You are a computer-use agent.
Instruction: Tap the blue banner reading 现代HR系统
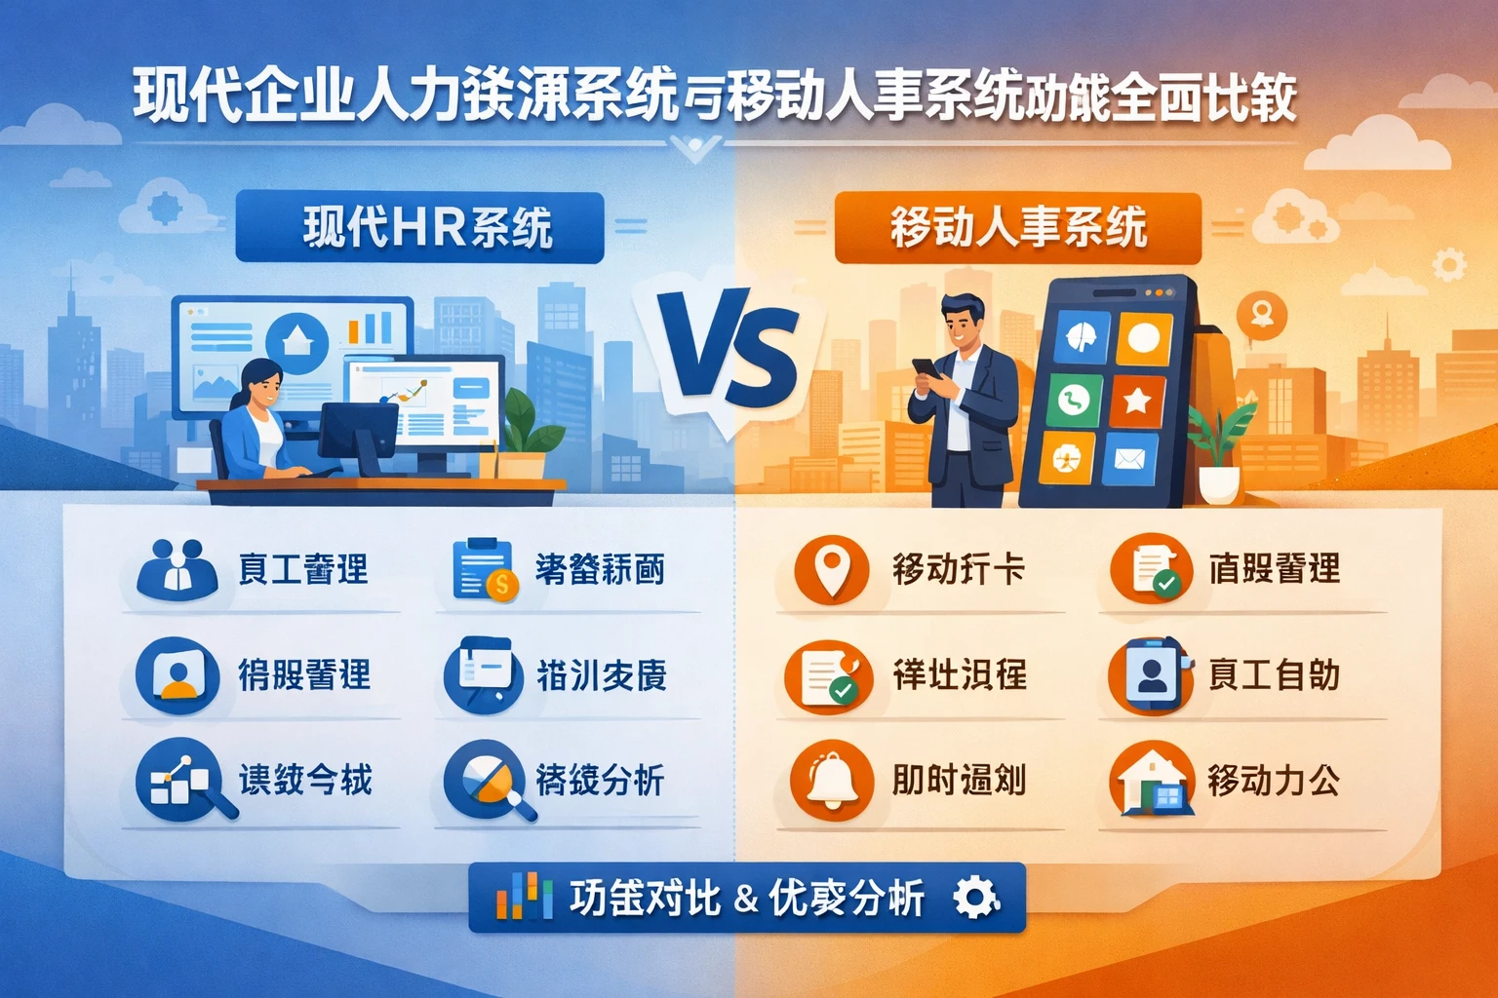pyautogui.click(x=420, y=227)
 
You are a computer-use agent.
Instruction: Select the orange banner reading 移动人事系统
pyautogui.click(x=1017, y=228)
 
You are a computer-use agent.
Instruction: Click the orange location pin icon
pyautogui.click(x=830, y=569)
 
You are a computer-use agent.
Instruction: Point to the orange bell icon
pyautogui.click(x=831, y=780)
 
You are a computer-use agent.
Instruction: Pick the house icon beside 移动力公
pyautogui.click(x=1152, y=780)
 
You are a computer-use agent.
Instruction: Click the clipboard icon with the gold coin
pyautogui.click(x=483, y=569)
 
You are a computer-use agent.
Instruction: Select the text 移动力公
pyautogui.click(x=1273, y=780)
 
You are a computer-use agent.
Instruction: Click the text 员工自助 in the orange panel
pyautogui.click(x=1273, y=674)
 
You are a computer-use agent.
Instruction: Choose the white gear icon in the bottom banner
pyautogui.click(x=975, y=898)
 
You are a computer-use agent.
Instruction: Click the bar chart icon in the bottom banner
pyautogui.click(x=518, y=897)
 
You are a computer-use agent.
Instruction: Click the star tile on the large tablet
pyautogui.click(x=1136, y=401)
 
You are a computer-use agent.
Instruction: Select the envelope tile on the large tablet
pyautogui.click(x=1129, y=457)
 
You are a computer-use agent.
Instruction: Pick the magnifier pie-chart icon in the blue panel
pyautogui.click(x=485, y=781)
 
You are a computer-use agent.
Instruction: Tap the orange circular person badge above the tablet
pyautogui.click(x=1262, y=315)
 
